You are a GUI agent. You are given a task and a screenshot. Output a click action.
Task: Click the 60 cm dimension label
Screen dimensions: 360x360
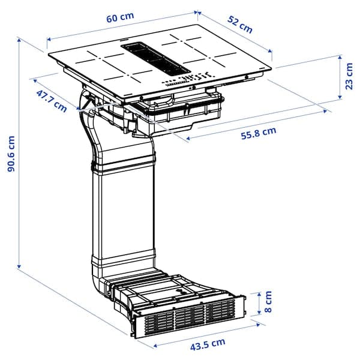point(120,17)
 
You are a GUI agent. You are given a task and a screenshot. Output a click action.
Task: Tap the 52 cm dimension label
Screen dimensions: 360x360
point(240,25)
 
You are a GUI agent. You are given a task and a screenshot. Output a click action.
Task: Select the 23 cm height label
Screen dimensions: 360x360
point(349,76)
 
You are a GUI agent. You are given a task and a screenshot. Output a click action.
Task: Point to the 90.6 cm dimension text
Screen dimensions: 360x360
point(11,154)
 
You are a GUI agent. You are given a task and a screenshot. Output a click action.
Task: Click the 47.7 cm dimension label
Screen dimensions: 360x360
point(52,101)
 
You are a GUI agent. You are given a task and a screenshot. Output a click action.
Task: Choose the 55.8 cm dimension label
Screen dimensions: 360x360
point(259,133)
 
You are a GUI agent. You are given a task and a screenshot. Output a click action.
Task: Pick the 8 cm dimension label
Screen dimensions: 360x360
point(268,301)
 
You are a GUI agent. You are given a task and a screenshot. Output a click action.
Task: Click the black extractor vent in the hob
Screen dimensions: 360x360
point(156,59)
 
